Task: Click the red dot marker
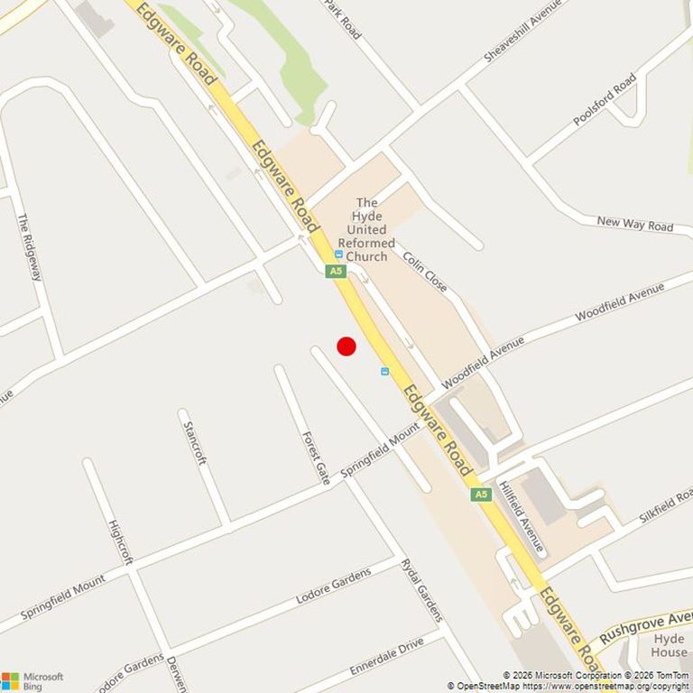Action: (x=346, y=346)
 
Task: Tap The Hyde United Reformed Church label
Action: (x=366, y=229)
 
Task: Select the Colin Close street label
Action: (x=424, y=271)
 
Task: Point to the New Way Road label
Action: (x=635, y=224)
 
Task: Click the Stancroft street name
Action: (x=195, y=442)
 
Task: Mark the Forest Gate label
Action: (x=315, y=457)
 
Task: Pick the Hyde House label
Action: (x=669, y=645)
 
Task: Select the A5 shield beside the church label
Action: (x=336, y=271)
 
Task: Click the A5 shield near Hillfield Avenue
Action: (x=481, y=494)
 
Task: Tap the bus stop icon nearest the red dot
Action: (x=385, y=371)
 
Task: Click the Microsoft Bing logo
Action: (x=32, y=680)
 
